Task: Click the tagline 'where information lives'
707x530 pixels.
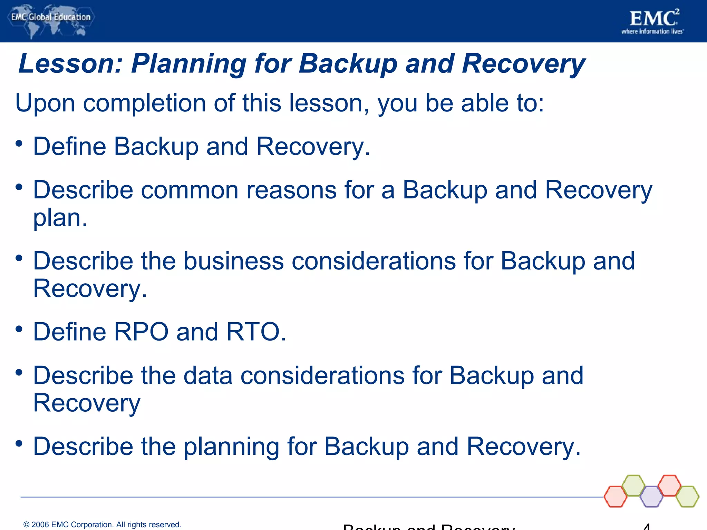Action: [652, 31]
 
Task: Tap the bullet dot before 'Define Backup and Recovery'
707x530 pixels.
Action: [19, 143]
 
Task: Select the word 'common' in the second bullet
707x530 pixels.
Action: [190, 190]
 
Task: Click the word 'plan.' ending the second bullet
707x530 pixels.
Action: [60, 218]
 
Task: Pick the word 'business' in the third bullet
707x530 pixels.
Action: [233, 261]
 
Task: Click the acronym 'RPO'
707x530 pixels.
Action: [141, 332]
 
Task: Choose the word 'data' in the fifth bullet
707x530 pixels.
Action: [208, 375]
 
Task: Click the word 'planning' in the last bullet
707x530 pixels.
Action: [231, 447]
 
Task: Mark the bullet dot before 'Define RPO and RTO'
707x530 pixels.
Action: [19, 329]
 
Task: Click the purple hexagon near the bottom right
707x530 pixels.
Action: [651, 497]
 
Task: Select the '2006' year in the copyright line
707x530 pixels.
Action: [40, 524]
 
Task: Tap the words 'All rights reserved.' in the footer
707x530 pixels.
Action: [148, 524]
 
